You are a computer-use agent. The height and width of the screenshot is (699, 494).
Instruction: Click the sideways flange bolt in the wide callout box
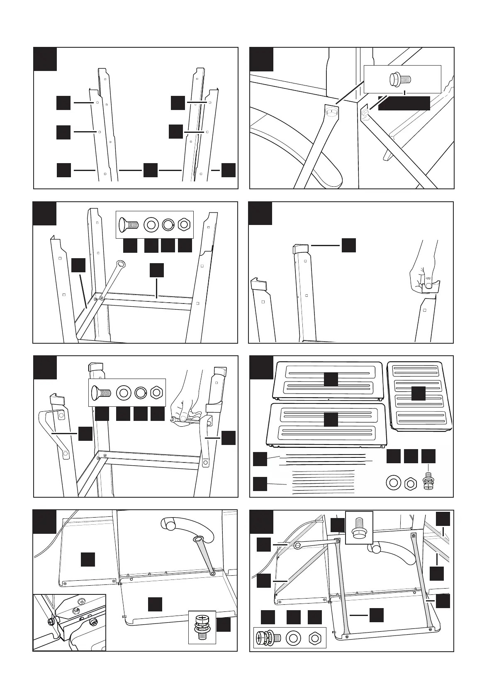(400, 78)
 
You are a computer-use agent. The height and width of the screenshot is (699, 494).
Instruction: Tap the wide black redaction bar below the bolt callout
(404, 103)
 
